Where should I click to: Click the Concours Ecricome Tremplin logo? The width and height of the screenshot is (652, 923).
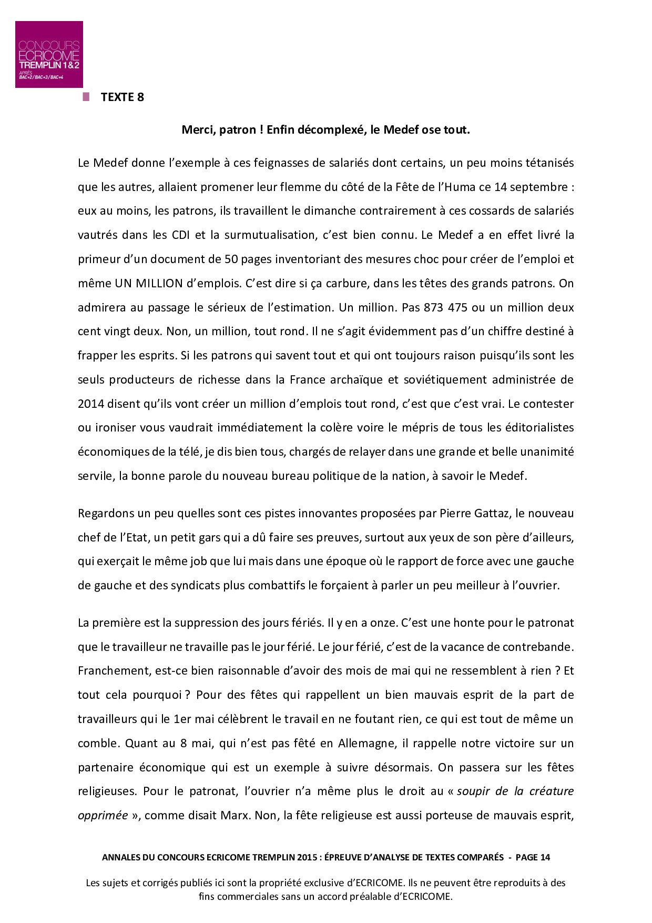click(x=49, y=54)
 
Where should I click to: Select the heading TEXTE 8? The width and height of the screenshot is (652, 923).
click(x=122, y=97)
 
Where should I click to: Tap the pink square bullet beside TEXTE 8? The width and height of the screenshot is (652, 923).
click(x=86, y=97)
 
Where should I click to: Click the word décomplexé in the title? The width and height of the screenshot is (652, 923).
click(x=332, y=129)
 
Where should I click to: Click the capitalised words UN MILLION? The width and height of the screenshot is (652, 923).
click(x=149, y=283)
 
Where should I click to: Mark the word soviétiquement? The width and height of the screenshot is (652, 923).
click(x=445, y=379)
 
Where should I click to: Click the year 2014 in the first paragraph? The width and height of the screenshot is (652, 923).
click(x=90, y=404)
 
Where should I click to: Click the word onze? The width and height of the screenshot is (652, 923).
click(x=381, y=623)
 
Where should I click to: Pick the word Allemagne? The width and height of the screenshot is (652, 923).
click(x=366, y=743)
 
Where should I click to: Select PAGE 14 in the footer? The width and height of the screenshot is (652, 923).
click(x=532, y=857)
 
